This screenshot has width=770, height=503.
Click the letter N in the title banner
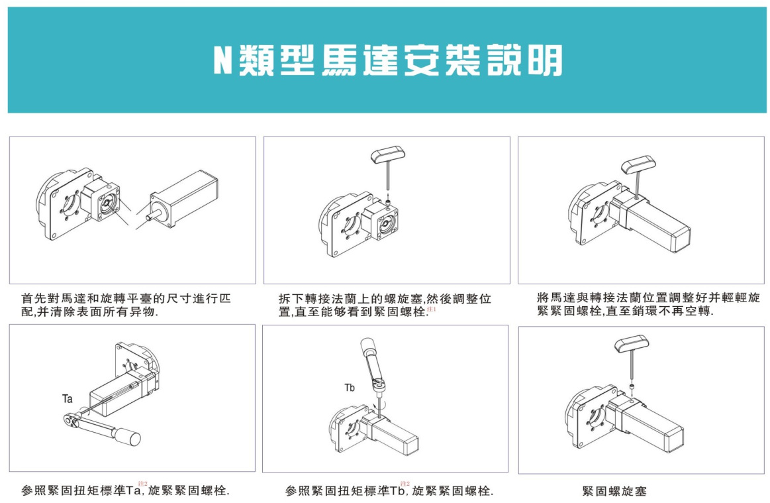coord(222,60)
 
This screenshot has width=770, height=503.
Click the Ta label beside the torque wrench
coord(68,399)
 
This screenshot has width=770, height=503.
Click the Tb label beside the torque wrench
coord(350,388)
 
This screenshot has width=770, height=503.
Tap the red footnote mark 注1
coord(432,309)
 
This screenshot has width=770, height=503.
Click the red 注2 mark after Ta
coord(143,484)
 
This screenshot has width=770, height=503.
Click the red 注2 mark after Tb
coord(405,484)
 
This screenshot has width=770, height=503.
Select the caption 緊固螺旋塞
coord(614,490)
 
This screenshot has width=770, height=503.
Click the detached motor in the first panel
coord(183,199)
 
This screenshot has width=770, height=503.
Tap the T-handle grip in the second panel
coord(388,155)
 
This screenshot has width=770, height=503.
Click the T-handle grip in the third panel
coord(638,165)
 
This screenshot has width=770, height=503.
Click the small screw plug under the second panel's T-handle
coord(389,202)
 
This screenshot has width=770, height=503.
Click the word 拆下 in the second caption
coord(291,299)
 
